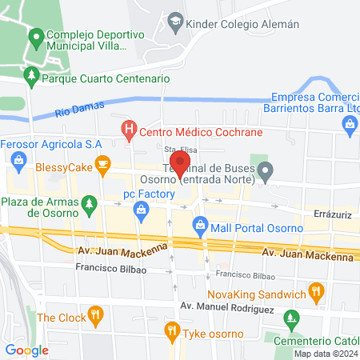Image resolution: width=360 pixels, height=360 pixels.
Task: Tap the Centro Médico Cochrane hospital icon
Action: click(x=127, y=127)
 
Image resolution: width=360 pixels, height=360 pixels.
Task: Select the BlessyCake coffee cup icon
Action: click(x=102, y=164)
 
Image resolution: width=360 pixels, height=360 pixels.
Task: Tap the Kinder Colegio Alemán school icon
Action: click(x=175, y=23)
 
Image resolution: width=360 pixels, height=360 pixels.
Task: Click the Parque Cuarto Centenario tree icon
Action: click(x=31, y=78)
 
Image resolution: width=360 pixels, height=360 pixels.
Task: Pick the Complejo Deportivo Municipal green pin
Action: click(x=36, y=37)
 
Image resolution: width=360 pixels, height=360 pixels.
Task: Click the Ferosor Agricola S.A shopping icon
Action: click(x=18, y=163)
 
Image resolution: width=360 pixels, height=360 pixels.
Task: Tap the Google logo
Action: click(x=27, y=350)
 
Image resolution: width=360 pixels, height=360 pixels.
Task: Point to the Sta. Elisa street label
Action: click(x=181, y=150)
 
